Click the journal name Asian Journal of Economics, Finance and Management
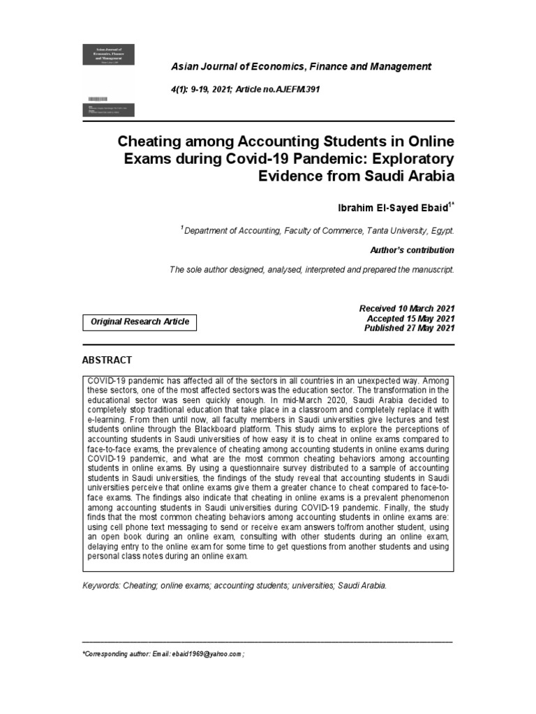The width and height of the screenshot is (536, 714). pos(301,66)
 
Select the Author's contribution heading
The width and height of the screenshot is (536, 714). pos(410,250)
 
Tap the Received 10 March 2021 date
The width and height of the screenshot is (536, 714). pos(406,308)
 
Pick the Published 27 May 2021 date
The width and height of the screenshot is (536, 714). pos(409,328)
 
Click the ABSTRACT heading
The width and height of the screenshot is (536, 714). pos(107,360)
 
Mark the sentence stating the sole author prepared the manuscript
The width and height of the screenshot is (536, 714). pos(311,269)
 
